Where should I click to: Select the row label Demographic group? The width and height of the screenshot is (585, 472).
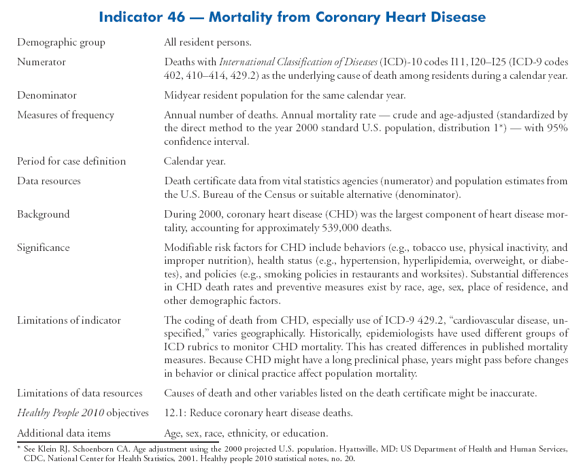tap(61, 42)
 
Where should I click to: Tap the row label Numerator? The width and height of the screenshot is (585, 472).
tap(41, 62)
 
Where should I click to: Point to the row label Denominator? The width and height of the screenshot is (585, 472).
tap(46, 95)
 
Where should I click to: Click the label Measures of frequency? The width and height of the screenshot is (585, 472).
tap(65, 114)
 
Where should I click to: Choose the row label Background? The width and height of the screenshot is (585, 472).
tap(43, 214)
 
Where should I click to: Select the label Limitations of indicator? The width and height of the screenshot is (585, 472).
tap(69, 320)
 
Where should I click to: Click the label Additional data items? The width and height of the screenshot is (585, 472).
tap(63, 433)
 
